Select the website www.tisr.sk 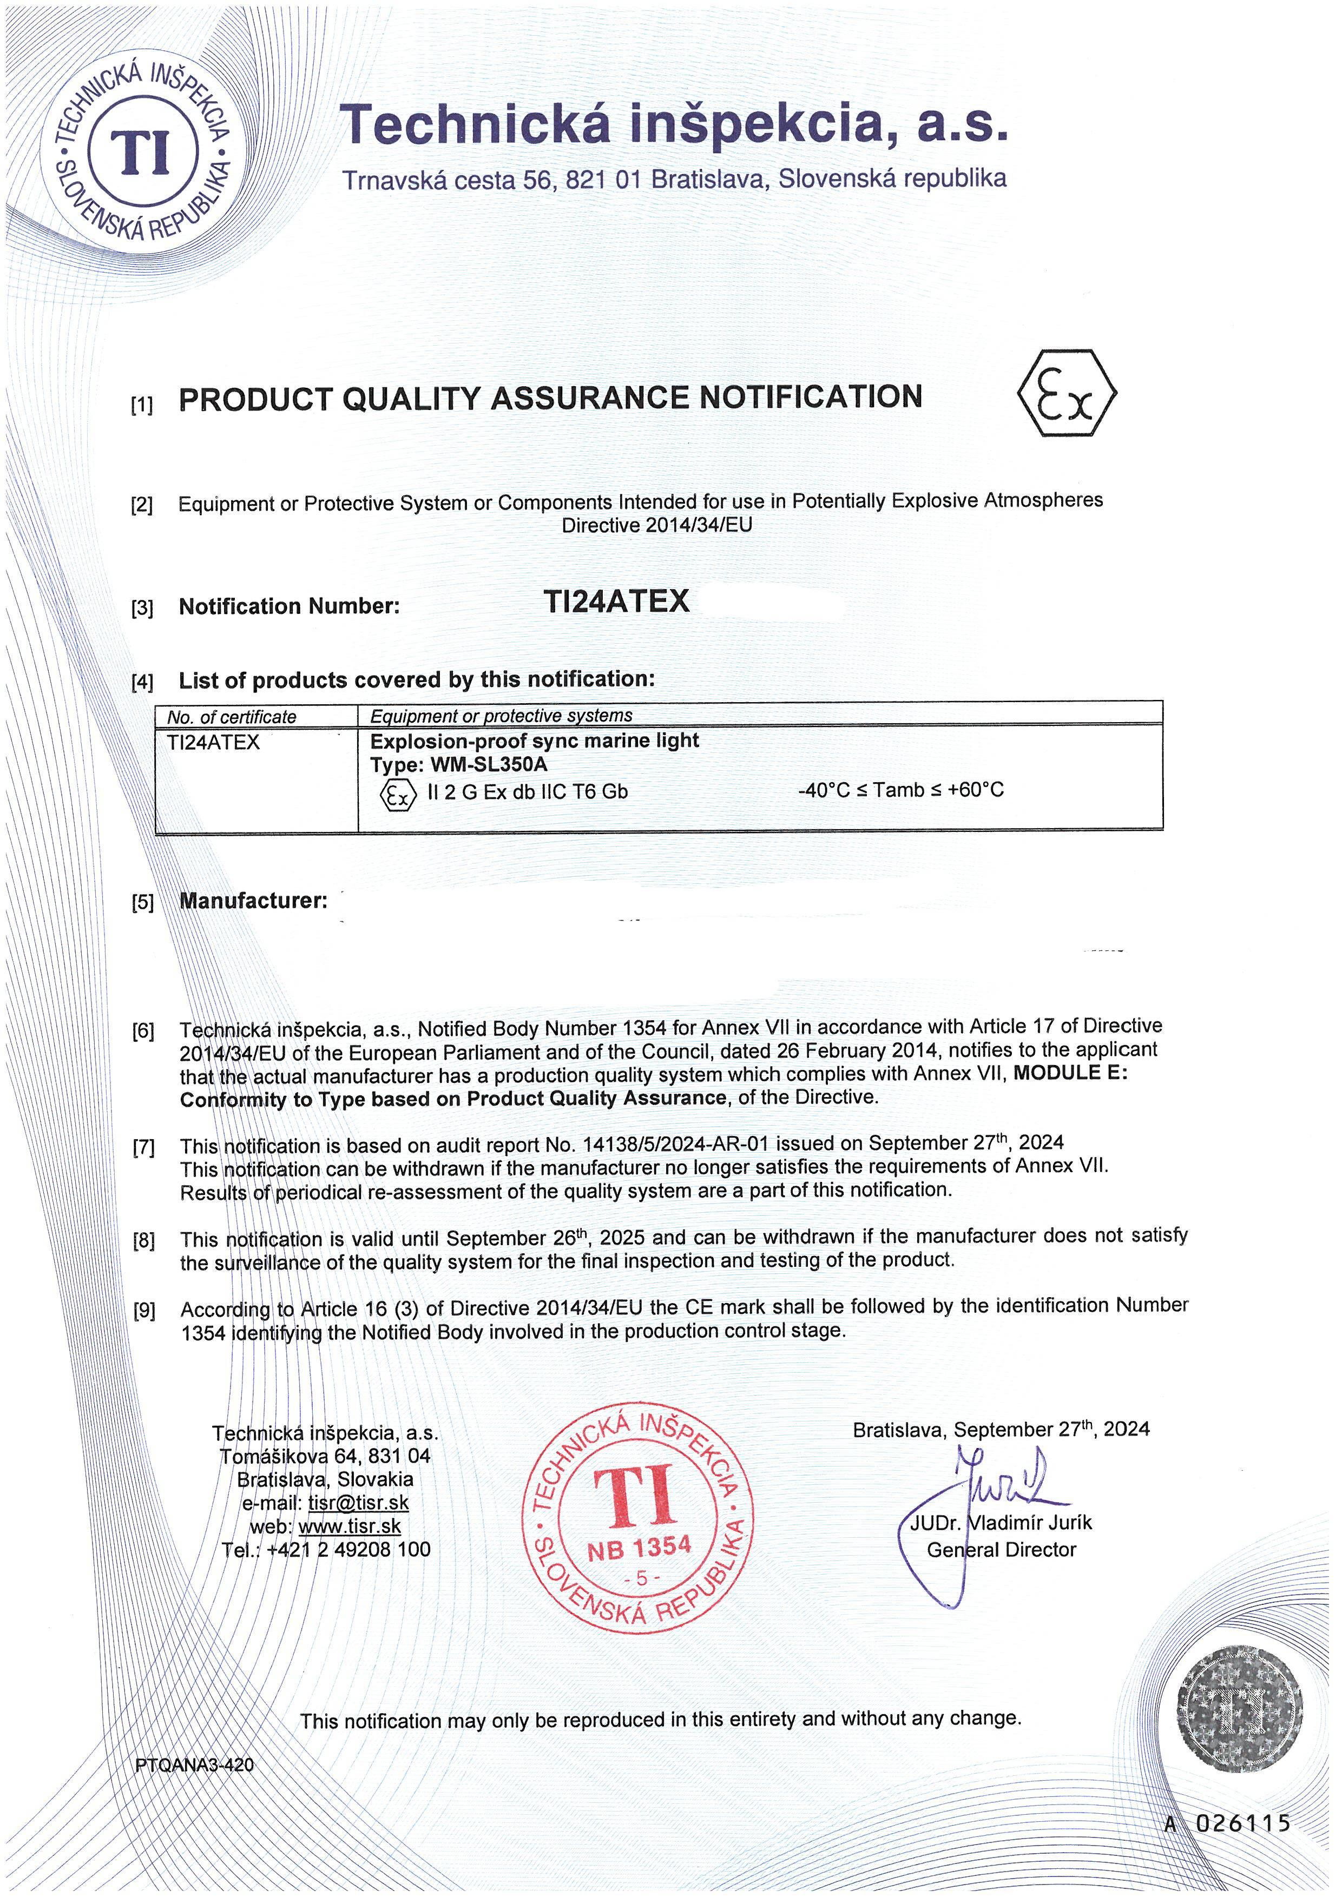tap(350, 1526)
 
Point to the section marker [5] tap(143, 903)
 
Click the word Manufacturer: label tap(253, 901)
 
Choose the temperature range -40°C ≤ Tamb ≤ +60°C tap(901, 790)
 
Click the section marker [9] tap(144, 1311)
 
